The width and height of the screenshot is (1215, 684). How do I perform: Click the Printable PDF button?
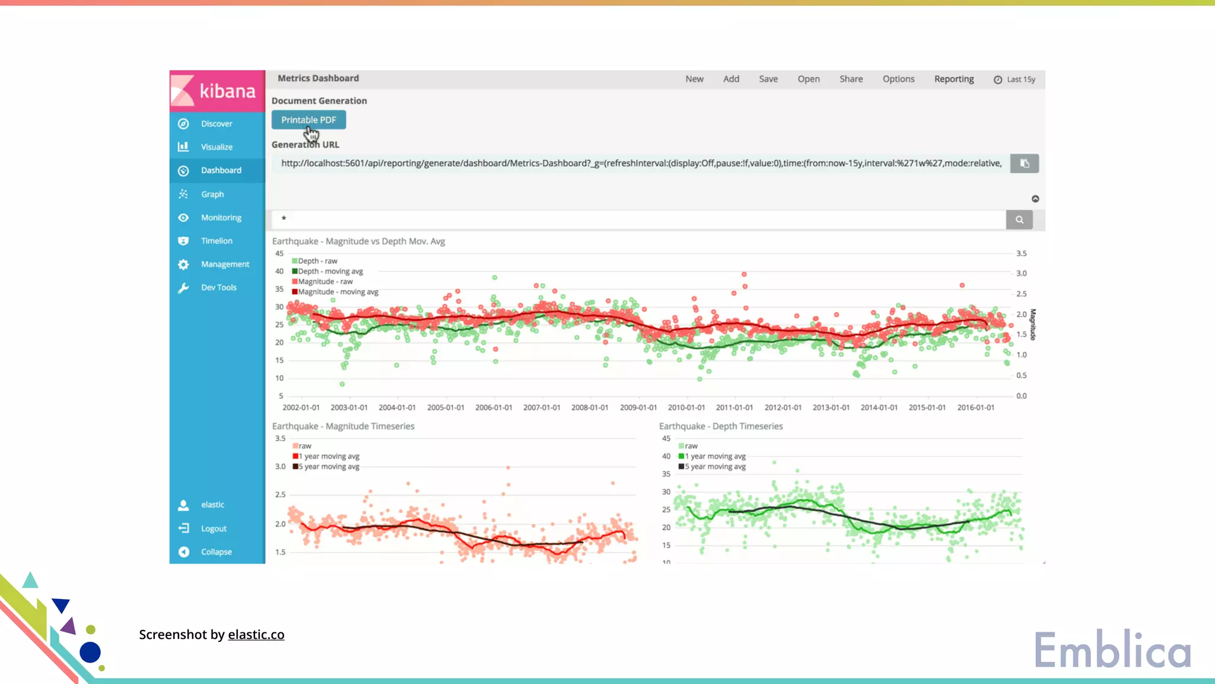[308, 120]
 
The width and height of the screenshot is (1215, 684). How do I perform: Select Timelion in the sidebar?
[216, 241]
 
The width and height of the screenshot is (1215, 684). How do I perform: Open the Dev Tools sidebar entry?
[218, 287]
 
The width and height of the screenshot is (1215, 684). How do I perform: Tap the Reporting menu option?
[953, 79]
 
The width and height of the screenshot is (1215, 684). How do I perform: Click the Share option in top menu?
[851, 79]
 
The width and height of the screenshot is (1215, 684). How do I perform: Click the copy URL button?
[1024, 163]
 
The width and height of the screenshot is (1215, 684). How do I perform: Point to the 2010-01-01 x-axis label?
[686, 408]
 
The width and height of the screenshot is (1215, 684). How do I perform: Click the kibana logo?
[217, 91]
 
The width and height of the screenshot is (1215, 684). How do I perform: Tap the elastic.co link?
[256, 635]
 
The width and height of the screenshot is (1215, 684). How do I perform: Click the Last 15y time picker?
[1014, 80]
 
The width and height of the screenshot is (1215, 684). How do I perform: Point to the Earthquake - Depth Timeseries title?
[721, 426]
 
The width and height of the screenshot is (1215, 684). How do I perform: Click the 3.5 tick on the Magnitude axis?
[1021, 254]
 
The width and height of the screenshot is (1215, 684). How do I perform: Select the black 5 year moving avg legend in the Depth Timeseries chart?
[714, 467]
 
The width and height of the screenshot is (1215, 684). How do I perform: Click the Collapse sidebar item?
[216, 552]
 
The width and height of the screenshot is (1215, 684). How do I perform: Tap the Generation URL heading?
[305, 145]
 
